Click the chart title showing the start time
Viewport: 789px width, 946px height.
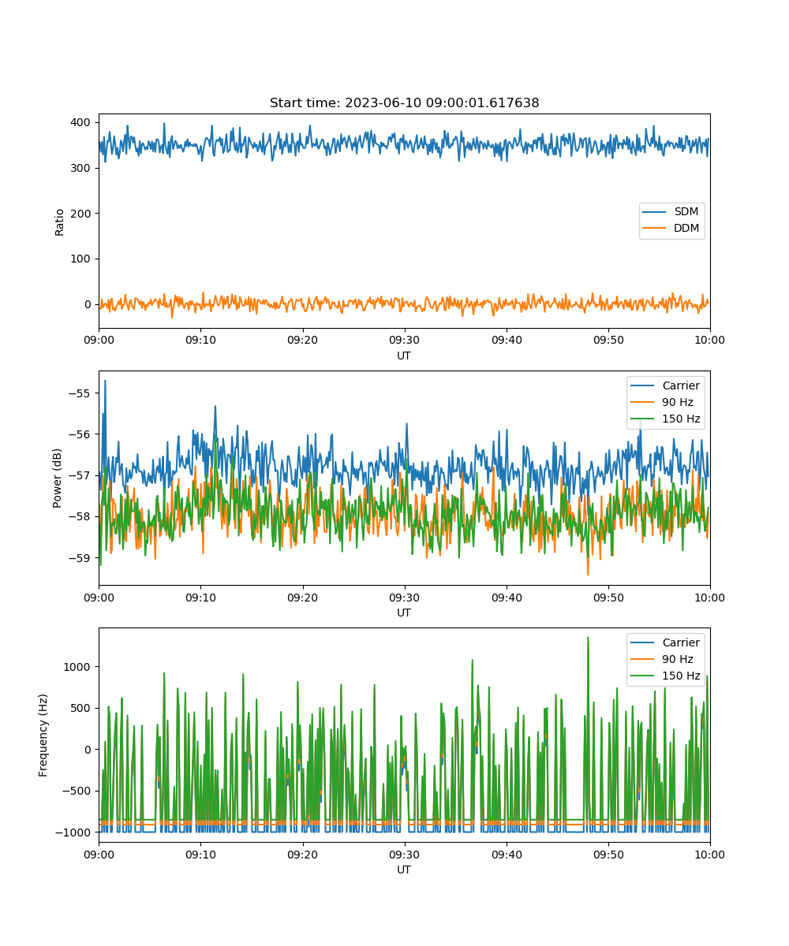tap(404, 102)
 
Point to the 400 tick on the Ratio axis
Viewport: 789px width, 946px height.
tap(80, 122)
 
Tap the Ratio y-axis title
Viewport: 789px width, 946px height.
tap(59, 222)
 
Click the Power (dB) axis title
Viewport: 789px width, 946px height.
tap(57, 478)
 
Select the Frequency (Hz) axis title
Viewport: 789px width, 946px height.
tap(43, 735)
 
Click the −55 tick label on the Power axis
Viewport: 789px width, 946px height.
tap(80, 393)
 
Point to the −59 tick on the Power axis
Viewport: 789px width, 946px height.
tap(80, 557)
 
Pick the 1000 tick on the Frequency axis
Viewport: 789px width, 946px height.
tap(77, 667)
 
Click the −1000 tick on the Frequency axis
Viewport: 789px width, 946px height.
tap(73, 832)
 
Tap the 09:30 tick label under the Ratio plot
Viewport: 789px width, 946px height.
tap(404, 340)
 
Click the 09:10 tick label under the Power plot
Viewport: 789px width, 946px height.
tap(200, 598)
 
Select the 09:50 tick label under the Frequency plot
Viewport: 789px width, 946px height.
tap(608, 855)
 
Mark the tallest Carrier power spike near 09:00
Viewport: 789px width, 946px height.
tap(105, 381)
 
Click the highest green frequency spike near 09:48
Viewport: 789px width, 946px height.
tap(588, 638)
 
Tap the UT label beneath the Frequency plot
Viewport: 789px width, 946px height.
tap(404, 870)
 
